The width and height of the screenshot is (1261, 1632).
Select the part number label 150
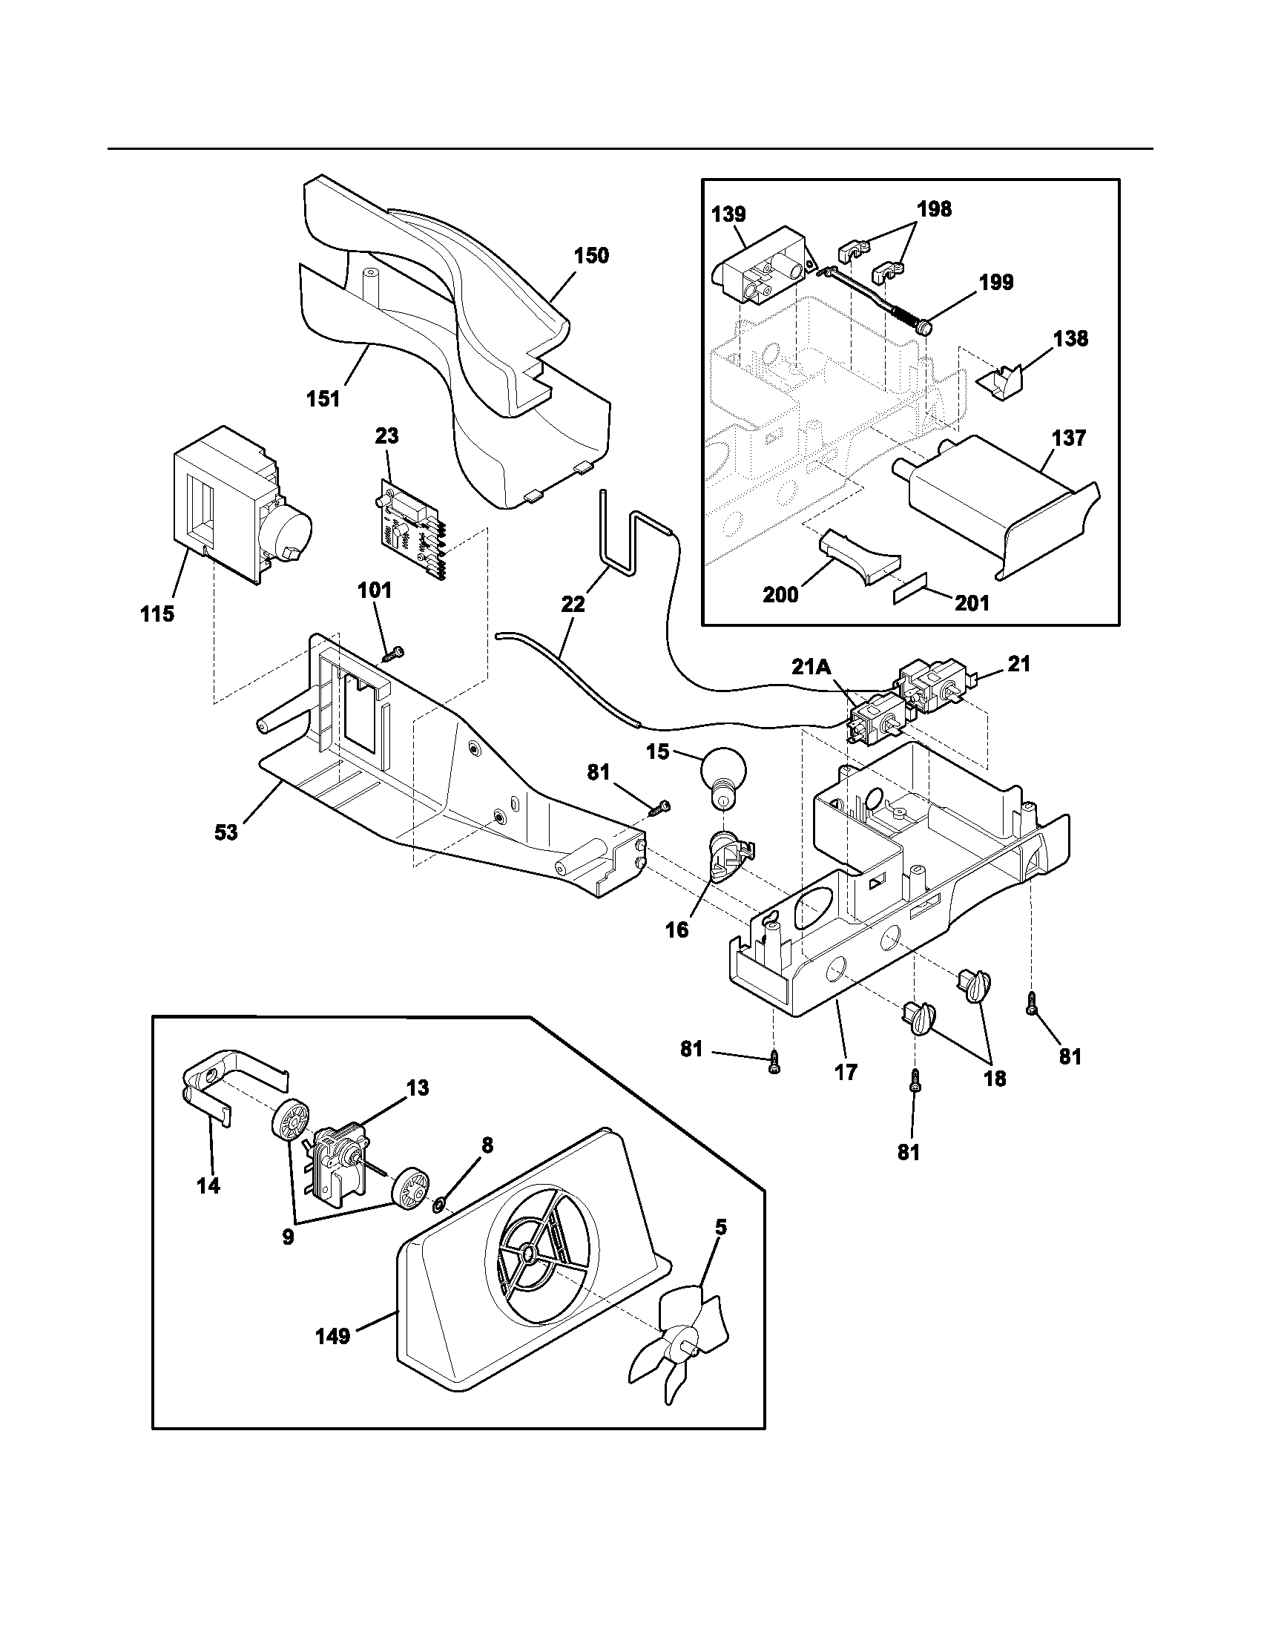[591, 256]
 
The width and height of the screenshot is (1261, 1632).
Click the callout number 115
[157, 614]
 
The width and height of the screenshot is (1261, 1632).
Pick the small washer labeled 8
[439, 1204]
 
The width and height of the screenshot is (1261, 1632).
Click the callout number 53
[225, 832]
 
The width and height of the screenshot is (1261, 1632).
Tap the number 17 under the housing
[846, 1073]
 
